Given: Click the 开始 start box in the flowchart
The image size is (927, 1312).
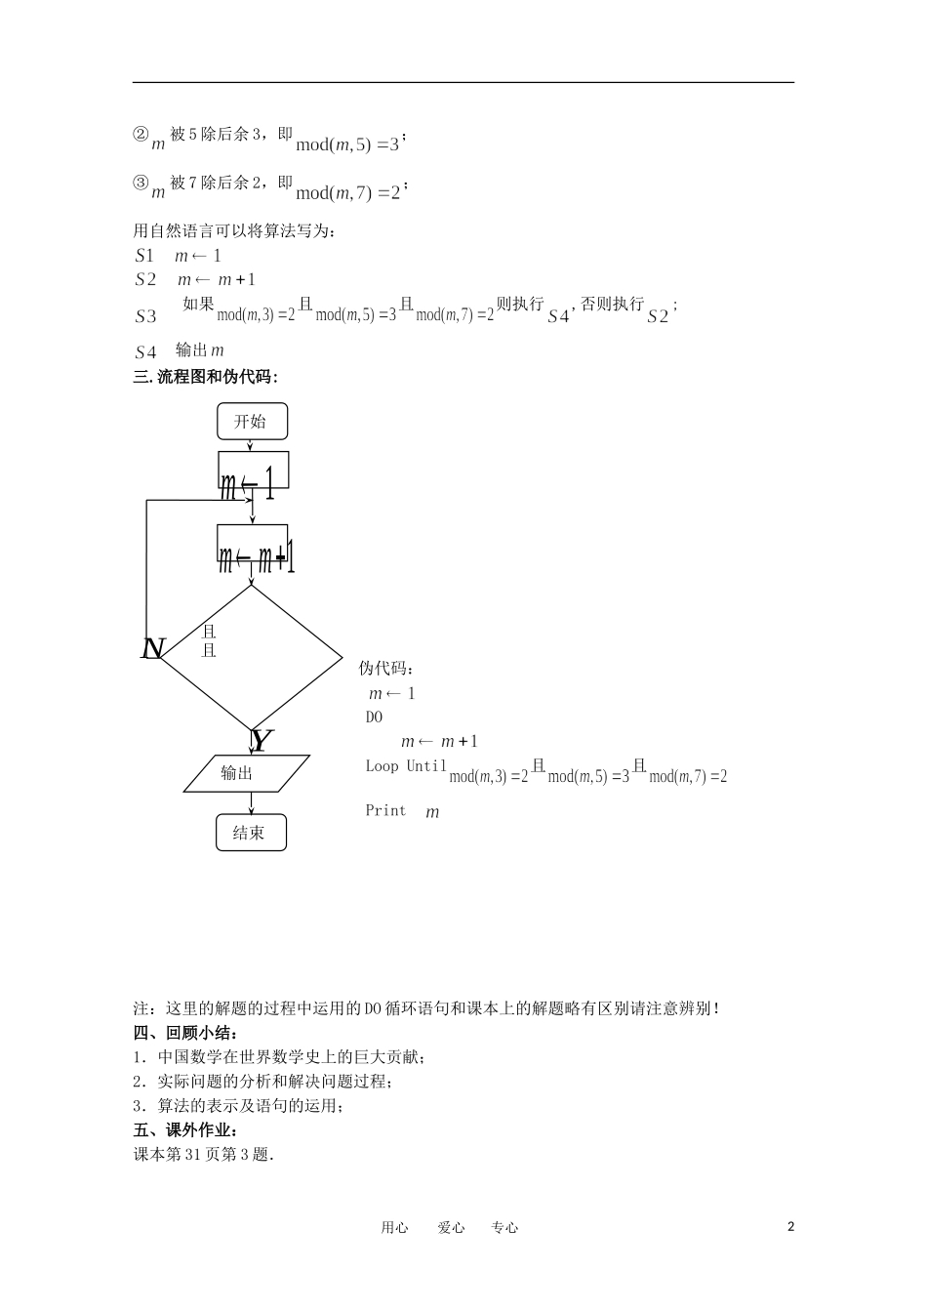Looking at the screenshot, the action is (x=252, y=422).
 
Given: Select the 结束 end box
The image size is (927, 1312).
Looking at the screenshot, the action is (x=251, y=833).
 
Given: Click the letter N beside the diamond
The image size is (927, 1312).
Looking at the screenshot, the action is (x=153, y=648).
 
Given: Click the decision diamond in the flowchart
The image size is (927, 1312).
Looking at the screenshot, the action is (x=252, y=658).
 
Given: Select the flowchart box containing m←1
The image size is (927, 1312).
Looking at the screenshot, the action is (x=253, y=471).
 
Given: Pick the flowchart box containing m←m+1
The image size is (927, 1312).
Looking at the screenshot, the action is (x=253, y=544).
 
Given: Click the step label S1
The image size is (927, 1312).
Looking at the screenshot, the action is (x=144, y=256).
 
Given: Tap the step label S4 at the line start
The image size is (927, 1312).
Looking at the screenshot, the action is (x=145, y=352).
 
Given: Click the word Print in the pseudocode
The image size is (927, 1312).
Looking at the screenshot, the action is (x=385, y=810).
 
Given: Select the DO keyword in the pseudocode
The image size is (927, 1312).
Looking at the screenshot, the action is (x=375, y=717).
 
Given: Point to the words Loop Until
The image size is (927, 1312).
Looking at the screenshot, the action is (x=406, y=766).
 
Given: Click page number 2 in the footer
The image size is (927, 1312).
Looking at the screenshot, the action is (x=790, y=1227).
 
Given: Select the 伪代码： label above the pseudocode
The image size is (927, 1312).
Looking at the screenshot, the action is (x=386, y=669).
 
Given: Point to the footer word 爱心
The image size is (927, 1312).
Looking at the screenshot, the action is (x=451, y=1228).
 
